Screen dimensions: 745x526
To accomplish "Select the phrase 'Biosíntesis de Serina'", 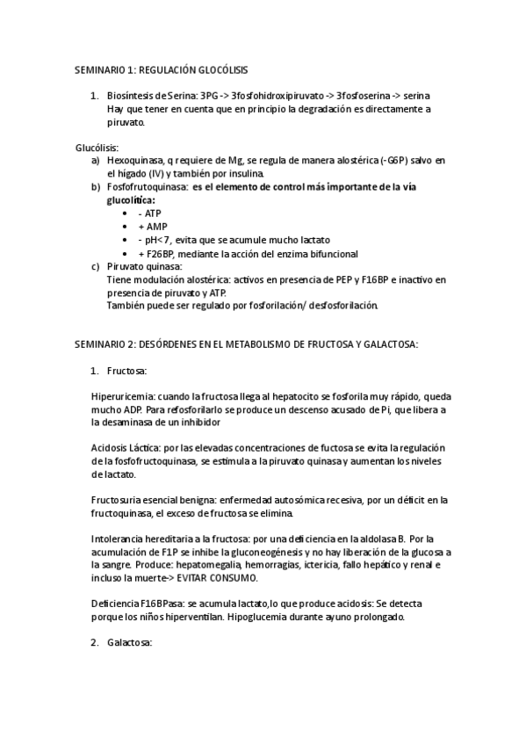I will [x=152, y=96].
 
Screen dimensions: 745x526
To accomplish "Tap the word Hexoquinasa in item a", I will [x=136, y=161].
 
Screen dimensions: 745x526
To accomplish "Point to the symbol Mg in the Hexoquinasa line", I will [x=235, y=161].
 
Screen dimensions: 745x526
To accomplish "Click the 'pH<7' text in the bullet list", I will [x=155, y=240].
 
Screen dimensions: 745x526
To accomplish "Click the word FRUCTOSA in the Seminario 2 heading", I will [x=323, y=345].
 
